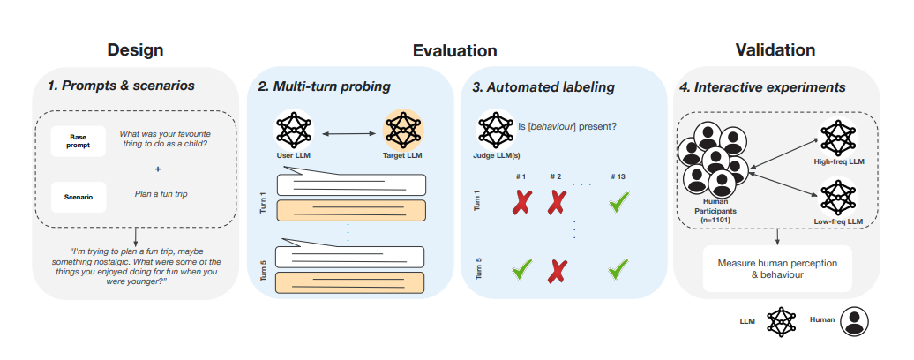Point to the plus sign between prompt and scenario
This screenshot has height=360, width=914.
pyautogui.click(x=158, y=168)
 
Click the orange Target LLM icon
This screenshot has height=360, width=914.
pyautogui.click(x=402, y=131)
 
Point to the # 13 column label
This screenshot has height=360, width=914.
pyautogui.click(x=618, y=176)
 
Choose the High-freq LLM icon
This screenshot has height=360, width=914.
pyautogui.click(x=837, y=138)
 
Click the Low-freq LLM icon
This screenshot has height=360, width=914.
pyautogui.click(x=837, y=196)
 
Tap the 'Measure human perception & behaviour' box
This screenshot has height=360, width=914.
pyautogui.click(x=777, y=269)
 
